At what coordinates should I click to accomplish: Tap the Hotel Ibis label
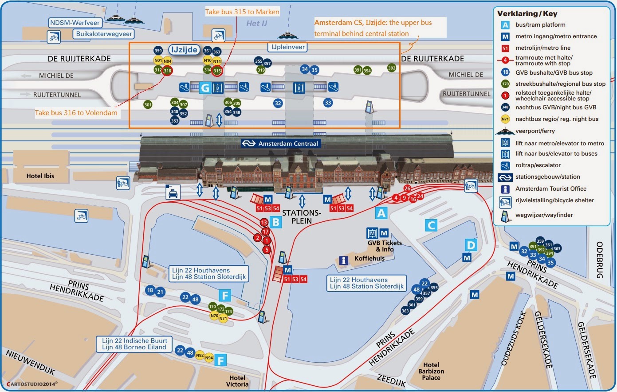point(40,176)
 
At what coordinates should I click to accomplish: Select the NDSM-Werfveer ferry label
point(75,23)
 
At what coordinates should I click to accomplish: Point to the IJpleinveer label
point(288,47)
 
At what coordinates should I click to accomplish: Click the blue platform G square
point(205,88)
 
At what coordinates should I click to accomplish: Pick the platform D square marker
point(471,245)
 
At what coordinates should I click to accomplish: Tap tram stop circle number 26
point(407,188)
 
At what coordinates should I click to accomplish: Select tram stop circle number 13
point(264,222)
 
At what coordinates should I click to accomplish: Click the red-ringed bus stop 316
point(167,70)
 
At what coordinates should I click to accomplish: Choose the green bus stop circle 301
point(148,105)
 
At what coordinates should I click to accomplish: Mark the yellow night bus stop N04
point(167,61)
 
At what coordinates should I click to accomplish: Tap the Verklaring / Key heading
point(527,14)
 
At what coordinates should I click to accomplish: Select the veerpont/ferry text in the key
point(535,131)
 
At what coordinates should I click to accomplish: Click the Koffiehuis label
point(369,259)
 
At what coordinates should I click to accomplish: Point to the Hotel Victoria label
point(237,381)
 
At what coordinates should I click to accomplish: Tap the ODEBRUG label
point(600,260)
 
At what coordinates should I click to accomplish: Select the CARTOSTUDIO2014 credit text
point(32,384)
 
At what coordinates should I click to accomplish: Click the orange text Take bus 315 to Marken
point(242,12)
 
